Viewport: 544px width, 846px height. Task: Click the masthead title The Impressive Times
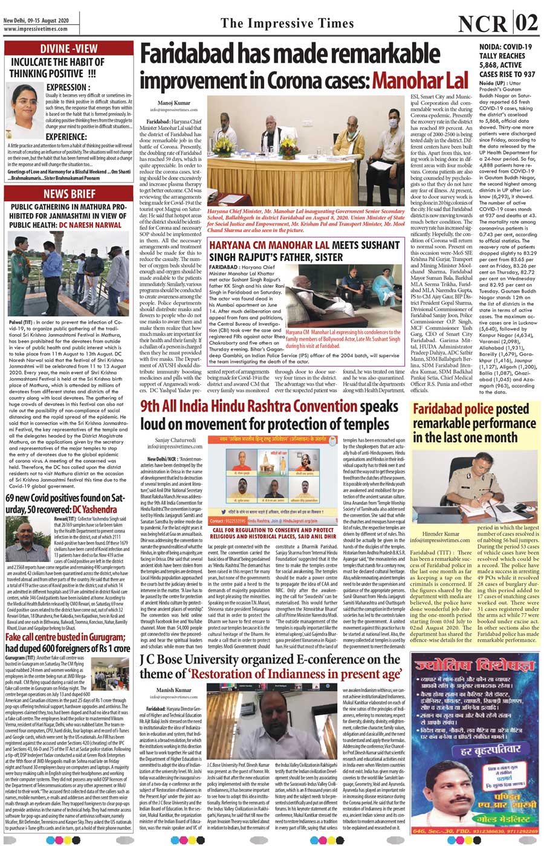(x=287, y=24)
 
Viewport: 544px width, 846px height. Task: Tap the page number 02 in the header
(x=526, y=24)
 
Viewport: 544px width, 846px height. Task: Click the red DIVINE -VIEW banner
(x=68, y=48)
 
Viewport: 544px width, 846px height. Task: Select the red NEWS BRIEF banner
(x=69, y=193)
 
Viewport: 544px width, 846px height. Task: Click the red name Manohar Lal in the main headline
(x=420, y=80)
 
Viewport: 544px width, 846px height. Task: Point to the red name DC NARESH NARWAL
(x=90, y=225)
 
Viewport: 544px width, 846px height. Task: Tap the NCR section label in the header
(x=482, y=24)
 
